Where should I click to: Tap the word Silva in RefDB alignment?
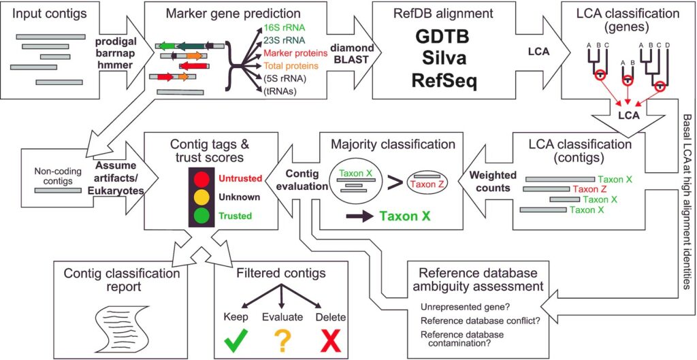pos(442,59)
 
